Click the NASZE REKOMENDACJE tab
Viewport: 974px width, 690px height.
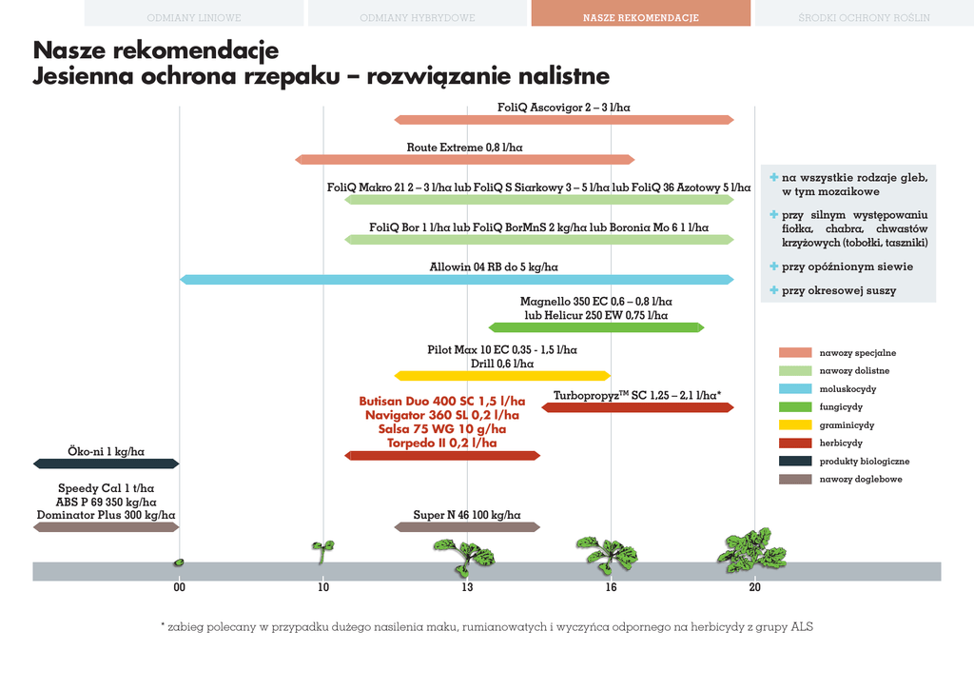641,17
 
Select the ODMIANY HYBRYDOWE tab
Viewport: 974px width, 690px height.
418,17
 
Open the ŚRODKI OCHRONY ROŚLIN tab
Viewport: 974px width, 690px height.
864,17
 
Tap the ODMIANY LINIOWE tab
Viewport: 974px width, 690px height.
194,17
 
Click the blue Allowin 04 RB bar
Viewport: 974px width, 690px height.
457,279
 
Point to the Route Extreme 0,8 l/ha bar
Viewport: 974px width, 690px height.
464,159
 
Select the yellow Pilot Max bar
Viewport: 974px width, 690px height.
502,375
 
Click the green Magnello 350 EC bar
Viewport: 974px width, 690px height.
596,327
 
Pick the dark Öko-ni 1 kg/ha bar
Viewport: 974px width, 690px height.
106,463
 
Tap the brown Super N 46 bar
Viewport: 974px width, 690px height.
467,526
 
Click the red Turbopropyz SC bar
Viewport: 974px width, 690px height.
637,407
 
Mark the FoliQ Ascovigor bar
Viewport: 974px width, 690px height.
564,119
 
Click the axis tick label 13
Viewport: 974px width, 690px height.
467,587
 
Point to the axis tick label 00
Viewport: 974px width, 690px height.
179,587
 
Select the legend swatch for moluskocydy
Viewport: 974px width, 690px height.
794,389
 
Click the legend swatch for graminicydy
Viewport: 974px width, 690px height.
794,425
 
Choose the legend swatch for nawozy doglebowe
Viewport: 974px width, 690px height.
794,479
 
